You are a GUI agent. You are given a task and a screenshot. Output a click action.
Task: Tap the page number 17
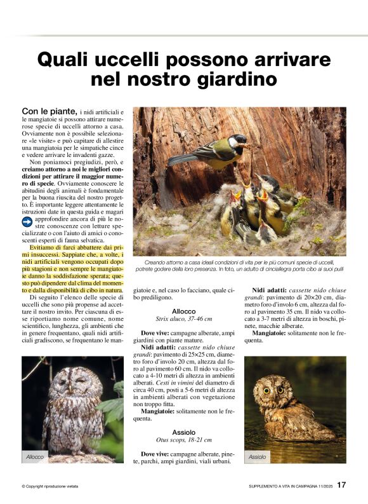tap(341, 486)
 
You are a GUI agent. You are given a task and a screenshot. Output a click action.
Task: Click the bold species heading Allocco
tap(183, 311)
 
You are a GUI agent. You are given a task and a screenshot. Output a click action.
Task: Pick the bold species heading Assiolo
tap(183, 432)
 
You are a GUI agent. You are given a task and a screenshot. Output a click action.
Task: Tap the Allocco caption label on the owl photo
tap(35, 456)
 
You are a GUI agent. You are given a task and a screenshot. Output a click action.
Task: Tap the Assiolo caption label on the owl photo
tap(258, 456)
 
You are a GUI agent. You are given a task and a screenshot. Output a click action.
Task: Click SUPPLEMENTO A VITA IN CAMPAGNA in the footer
tap(284, 487)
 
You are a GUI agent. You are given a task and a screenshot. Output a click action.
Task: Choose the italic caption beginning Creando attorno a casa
tap(239, 265)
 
